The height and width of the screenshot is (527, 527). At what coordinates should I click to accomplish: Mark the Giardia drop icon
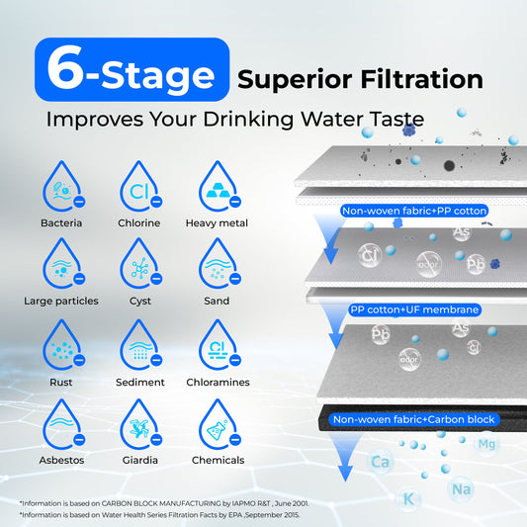pos(139,424)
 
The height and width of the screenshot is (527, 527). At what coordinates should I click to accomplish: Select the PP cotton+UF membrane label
pos(415,309)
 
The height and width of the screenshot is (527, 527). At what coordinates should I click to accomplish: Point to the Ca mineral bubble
pos(379,461)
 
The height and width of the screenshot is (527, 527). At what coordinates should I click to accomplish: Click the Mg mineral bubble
pos(485,444)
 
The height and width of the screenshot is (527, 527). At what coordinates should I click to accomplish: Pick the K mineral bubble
pos(407,498)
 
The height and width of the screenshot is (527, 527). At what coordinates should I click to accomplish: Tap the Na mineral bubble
pos(460,488)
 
